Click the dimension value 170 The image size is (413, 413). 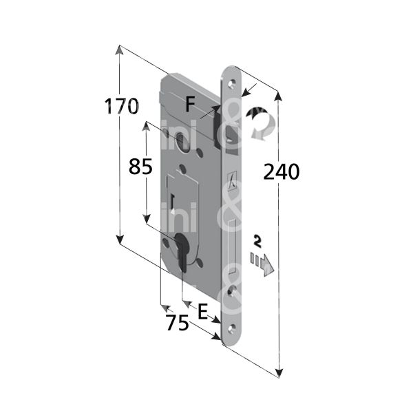(122, 107)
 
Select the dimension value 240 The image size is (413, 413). (281, 171)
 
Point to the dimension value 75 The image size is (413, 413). (178, 323)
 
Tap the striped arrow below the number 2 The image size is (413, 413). (263, 262)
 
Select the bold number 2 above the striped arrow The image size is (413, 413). (257, 241)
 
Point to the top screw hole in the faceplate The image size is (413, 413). (233, 80)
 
